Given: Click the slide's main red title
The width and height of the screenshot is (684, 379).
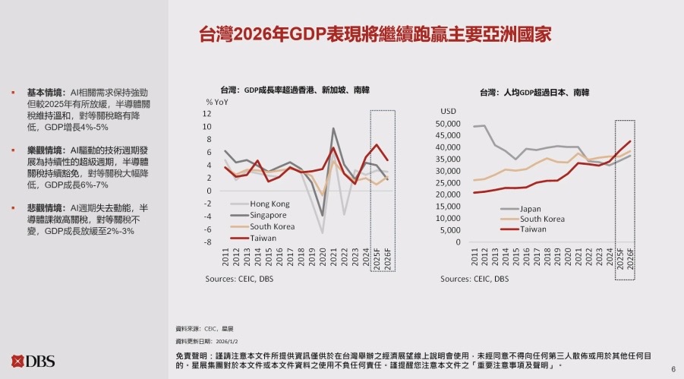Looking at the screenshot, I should coord(374,34).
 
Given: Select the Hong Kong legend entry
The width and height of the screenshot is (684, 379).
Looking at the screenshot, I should coord(270,204).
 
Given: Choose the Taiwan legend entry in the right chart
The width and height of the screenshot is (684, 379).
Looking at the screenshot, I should coord(533,229).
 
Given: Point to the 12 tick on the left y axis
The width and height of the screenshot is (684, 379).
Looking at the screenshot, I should coord(207,113).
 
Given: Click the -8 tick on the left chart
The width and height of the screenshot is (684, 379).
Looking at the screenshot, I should coord(207,242).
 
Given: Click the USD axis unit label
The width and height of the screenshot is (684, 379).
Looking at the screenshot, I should coord(449,111).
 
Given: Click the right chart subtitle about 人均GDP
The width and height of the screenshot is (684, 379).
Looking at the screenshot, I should coord(534,92).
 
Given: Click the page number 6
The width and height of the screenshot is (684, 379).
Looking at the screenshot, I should coord(673,369).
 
